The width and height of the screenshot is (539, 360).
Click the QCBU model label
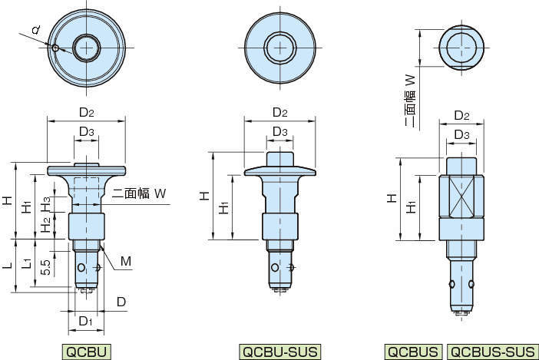tap(86, 352)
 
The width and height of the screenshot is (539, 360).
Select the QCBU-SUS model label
tap(279, 352)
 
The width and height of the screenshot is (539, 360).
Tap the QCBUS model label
tap(413, 352)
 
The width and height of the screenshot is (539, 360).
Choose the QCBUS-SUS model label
tap(493, 352)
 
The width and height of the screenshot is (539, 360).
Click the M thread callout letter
tap(126, 262)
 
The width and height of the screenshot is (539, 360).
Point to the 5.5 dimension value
tap(47, 267)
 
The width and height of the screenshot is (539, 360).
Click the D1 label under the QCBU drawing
tap(85, 321)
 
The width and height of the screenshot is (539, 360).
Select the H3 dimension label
tap(46, 203)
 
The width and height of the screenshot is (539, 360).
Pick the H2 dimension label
tap(46, 223)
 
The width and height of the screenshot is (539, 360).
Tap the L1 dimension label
tap(27, 263)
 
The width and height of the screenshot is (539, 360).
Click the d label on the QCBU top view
tap(36, 30)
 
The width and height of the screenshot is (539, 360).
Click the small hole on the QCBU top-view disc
tap(55, 48)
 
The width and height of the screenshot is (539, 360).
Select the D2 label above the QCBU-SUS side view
tap(279, 113)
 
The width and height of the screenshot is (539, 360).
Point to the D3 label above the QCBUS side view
tap(461, 134)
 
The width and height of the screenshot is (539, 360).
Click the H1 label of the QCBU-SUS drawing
tap(224, 207)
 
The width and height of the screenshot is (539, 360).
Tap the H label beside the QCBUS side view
tap(392, 198)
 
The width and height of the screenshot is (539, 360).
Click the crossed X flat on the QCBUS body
tap(461, 197)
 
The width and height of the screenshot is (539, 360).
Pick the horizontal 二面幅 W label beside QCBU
tap(139, 193)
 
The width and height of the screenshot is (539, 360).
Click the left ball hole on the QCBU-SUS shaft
tap(274, 267)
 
